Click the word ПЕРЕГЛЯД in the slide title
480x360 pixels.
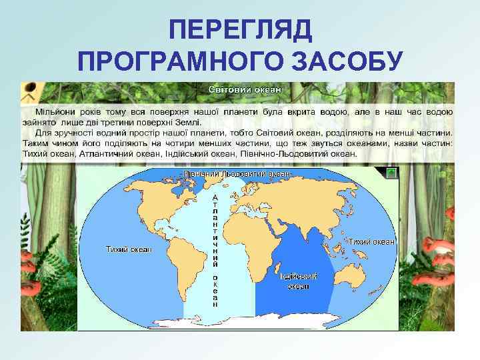point(240,29)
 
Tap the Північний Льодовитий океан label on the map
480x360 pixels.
point(237,174)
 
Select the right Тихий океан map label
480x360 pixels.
point(372,241)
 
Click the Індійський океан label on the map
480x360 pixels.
point(298,281)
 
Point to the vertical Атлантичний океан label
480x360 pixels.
point(215,250)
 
